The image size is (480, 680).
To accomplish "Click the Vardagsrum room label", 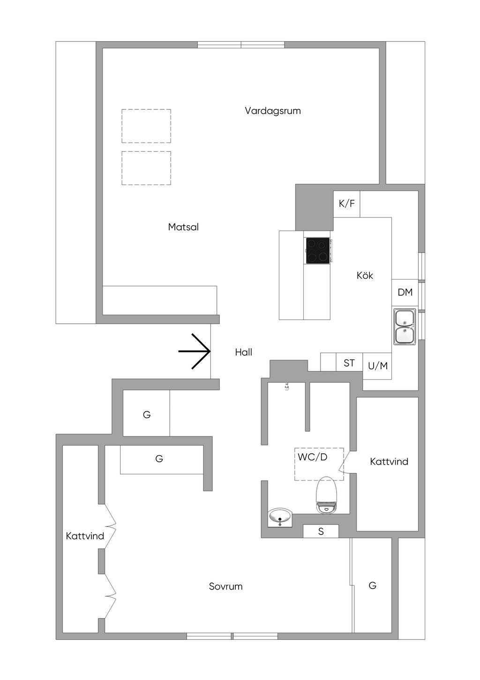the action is pyautogui.click(x=273, y=111).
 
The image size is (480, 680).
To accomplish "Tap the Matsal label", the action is pyautogui.click(x=183, y=227).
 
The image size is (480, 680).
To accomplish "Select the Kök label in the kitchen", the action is pyautogui.click(x=365, y=275).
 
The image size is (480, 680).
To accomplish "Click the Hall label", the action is pyautogui.click(x=243, y=352).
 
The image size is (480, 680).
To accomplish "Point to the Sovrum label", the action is pyautogui.click(x=225, y=586).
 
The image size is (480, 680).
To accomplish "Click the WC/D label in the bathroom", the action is pyautogui.click(x=312, y=457).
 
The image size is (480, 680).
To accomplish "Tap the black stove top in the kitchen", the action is pyautogui.click(x=318, y=251).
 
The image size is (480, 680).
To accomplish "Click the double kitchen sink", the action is pyautogui.click(x=405, y=327).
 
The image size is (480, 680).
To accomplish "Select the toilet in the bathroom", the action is pyautogui.click(x=326, y=495).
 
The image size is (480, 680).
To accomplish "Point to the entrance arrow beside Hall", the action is pyautogui.click(x=195, y=351).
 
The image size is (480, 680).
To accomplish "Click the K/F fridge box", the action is pyautogui.click(x=346, y=204).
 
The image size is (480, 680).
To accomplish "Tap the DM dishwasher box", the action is pyautogui.click(x=405, y=292).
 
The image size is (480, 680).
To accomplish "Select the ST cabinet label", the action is pyautogui.click(x=349, y=363).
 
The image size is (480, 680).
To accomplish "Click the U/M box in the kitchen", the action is pyautogui.click(x=377, y=366).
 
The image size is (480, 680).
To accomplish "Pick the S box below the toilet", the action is pyautogui.click(x=321, y=531).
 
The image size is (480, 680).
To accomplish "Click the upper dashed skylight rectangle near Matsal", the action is pyautogui.click(x=146, y=126).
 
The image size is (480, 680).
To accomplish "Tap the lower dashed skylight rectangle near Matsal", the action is pyautogui.click(x=146, y=168).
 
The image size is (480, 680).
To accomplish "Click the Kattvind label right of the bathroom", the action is pyautogui.click(x=389, y=461).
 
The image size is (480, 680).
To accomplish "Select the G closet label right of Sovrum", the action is pyautogui.click(x=372, y=585).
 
